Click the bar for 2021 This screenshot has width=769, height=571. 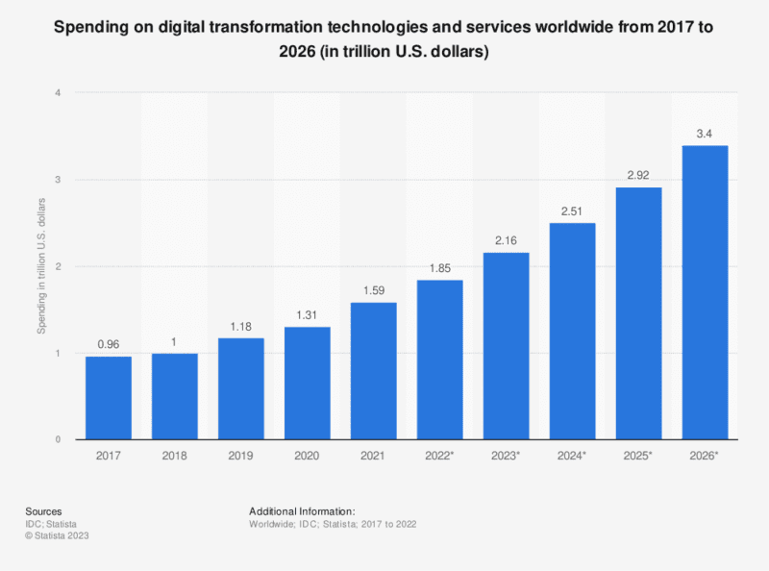point(374,371)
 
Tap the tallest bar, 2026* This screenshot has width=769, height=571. point(705,292)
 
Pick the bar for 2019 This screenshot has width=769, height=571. point(241,388)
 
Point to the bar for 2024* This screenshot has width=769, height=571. point(572,331)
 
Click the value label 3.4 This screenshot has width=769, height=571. point(705,134)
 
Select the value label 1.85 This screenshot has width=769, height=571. point(439,268)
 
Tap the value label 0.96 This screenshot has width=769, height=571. point(109,345)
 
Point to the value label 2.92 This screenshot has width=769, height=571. point(638,176)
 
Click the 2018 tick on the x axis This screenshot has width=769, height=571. point(175,458)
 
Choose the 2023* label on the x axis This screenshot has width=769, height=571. point(506,458)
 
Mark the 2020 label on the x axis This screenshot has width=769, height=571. point(308,458)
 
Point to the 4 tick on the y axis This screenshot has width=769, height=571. point(59,93)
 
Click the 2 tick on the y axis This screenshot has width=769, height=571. point(59,266)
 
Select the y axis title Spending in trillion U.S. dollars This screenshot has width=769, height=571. point(41,266)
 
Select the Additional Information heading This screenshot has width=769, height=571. point(302,510)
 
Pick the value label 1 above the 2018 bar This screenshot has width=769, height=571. point(175,341)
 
